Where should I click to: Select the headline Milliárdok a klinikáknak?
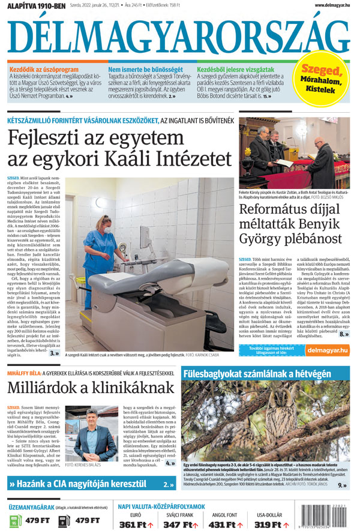pyautogui.click(x=90, y=389)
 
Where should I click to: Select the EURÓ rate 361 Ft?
pyautogui.click(x=136, y=524)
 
